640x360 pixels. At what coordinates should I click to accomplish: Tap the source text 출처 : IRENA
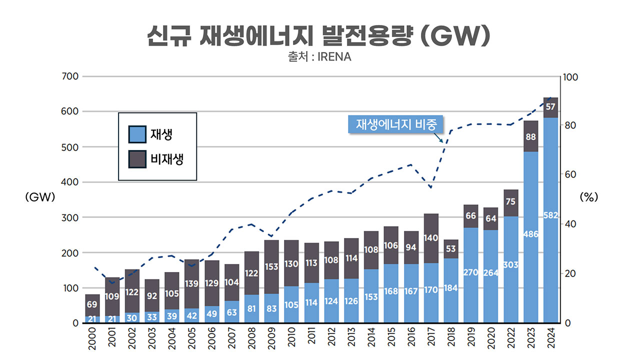click(319, 57)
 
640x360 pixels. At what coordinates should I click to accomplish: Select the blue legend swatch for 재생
click(137, 134)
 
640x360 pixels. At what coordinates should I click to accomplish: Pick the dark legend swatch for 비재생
click(137, 159)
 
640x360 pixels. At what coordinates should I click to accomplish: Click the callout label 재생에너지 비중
click(395, 124)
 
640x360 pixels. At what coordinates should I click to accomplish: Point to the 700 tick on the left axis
click(70, 76)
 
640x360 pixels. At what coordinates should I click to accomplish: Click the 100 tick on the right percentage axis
click(570, 77)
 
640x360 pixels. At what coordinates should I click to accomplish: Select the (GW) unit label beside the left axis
click(39, 197)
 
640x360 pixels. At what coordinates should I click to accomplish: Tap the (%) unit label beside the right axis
click(588, 197)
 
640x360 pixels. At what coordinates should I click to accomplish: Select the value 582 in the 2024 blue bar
click(550, 215)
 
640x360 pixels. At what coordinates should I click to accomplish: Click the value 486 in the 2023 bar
click(530, 233)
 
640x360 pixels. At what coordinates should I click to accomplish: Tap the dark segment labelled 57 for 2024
click(550, 107)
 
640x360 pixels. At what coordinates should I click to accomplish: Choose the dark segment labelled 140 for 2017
click(431, 238)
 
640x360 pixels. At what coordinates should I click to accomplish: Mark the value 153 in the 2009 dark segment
click(271, 267)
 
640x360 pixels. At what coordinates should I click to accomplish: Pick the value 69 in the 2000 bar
click(92, 304)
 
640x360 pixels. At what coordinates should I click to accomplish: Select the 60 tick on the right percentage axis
click(568, 175)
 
